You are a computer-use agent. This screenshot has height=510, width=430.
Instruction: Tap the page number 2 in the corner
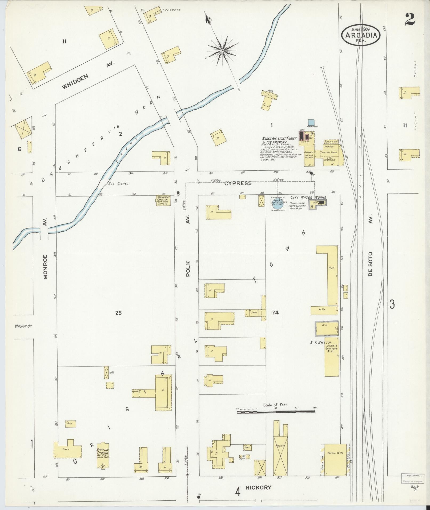pos(410,19)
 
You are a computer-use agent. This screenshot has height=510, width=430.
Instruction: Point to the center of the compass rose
pos(222,50)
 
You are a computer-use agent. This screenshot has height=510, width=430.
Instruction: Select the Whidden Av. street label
pos(88,77)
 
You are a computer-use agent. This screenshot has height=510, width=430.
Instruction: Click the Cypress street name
pos(238,183)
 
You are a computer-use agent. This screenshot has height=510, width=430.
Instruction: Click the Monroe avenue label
pos(45,267)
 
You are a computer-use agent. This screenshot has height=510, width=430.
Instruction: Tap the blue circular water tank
pos(278,204)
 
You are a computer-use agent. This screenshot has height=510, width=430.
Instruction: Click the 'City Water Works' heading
pos(308,198)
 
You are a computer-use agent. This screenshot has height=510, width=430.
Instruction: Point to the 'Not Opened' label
pos(118,184)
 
